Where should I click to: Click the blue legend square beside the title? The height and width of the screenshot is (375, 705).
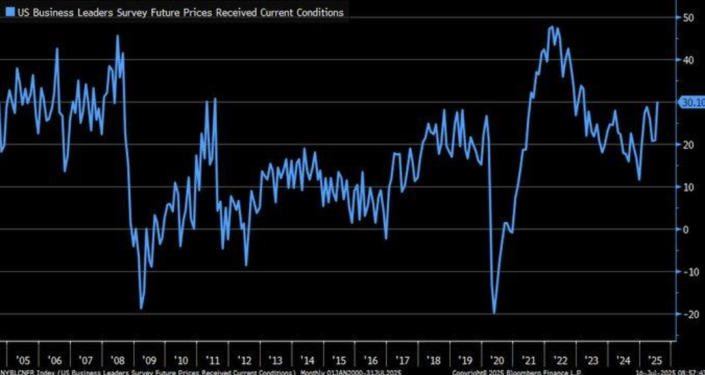[x=9, y=12]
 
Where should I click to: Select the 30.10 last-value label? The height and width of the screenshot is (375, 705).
[x=691, y=103]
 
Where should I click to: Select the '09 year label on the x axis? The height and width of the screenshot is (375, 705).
[x=149, y=360]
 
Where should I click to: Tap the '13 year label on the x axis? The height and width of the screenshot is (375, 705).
[x=275, y=360]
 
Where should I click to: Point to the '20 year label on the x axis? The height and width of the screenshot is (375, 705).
[x=496, y=360]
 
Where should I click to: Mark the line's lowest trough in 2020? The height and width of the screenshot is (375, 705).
[x=494, y=313]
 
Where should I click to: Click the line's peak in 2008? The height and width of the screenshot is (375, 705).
[x=117, y=36]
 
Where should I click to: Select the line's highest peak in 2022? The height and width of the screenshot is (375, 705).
[x=551, y=27]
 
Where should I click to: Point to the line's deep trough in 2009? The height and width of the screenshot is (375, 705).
[x=141, y=308]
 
